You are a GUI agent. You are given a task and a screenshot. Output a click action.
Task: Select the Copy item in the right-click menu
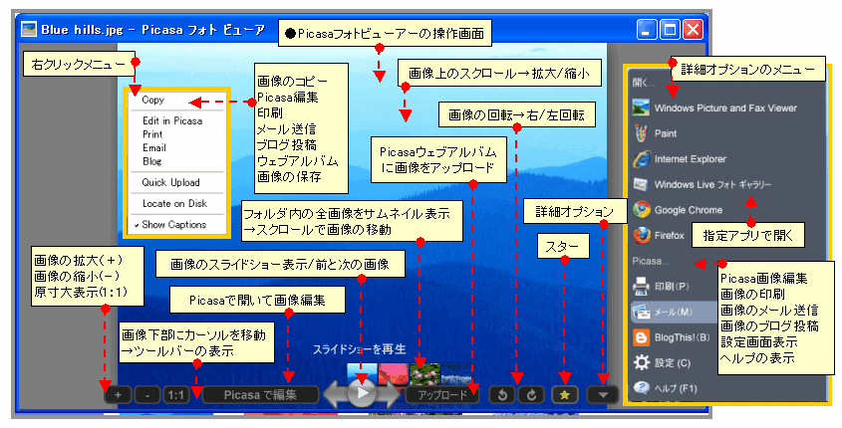click(153, 100)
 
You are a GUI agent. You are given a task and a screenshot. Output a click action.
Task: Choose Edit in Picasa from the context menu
click(171, 120)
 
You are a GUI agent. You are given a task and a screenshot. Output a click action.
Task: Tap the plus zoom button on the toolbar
click(117, 394)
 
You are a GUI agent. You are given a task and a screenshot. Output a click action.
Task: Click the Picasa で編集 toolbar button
click(261, 394)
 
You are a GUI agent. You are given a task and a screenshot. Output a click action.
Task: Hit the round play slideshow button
click(363, 393)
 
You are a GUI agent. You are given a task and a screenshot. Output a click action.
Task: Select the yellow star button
click(564, 394)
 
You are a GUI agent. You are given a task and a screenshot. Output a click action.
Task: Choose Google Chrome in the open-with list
click(689, 210)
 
